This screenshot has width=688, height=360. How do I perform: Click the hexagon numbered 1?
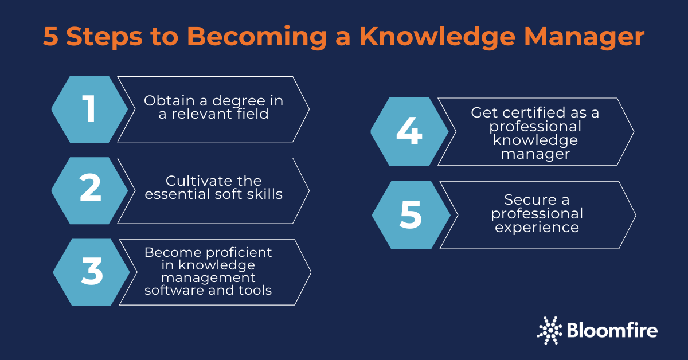89,109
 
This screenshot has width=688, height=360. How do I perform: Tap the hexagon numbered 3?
91,272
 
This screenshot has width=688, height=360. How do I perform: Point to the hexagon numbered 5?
411,215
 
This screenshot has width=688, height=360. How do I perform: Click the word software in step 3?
170,290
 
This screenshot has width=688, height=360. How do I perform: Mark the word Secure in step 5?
523,200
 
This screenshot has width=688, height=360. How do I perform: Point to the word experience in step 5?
537,228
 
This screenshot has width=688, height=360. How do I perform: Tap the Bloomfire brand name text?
612,330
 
